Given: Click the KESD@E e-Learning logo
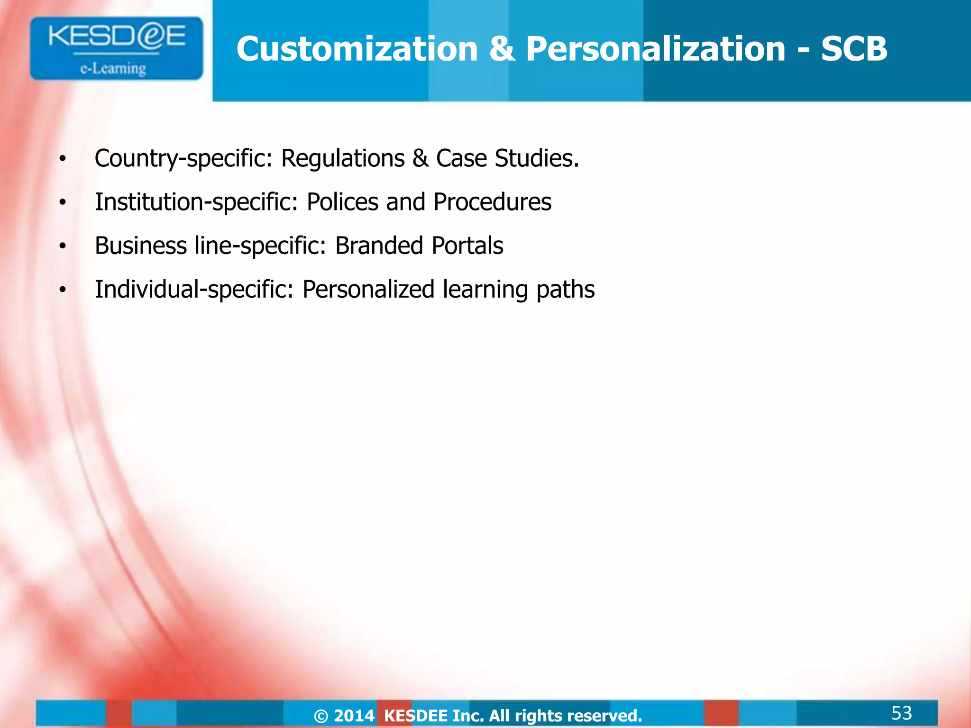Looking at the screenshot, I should coord(116,49).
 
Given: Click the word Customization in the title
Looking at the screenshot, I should coord(357,49).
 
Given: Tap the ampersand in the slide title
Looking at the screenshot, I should coord(502,49).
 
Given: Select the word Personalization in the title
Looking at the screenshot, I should coord(656,49).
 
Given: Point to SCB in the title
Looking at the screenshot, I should coord(854,49).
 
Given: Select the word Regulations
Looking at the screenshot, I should coord(343,159).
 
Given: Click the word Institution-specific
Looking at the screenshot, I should coord(196,202).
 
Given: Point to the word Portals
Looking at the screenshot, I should coord(467,246).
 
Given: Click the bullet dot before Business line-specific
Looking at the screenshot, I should coord(63,246).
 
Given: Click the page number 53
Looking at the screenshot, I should coord(901,713).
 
